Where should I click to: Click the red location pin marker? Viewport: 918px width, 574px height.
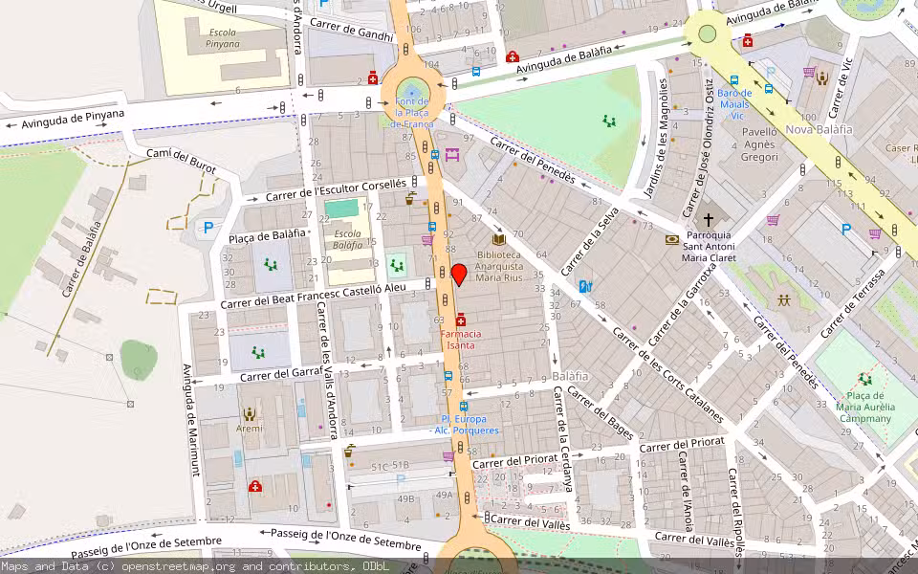pyautogui.click(x=459, y=275)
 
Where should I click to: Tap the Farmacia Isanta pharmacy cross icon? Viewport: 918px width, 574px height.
pyautogui.click(x=461, y=319)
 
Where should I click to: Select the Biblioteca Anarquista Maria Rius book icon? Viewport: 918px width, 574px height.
pyautogui.click(x=498, y=239)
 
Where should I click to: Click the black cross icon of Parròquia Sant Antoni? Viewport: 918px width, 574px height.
pyautogui.click(x=708, y=219)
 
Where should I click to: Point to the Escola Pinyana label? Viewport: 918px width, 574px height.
pyautogui.click(x=223, y=38)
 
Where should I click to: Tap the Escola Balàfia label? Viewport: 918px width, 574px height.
pyautogui.click(x=347, y=239)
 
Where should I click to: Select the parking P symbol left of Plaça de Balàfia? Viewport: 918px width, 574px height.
pyautogui.click(x=208, y=228)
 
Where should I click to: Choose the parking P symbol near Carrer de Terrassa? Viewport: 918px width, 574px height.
pyautogui.click(x=845, y=229)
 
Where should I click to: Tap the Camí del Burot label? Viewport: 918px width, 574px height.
pyautogui.click(x=181, y=162)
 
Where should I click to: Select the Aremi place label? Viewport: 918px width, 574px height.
pyautogui.click(x=250, y=429)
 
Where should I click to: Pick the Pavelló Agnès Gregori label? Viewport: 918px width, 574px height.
pyautogui.click(x=759, y=144)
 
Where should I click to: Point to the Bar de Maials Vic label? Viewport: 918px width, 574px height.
pyautogui.click(x=734, y=104)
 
